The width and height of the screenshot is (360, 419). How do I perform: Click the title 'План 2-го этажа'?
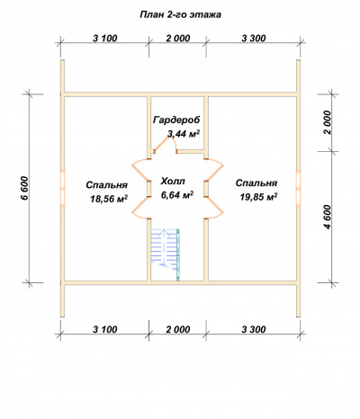180,14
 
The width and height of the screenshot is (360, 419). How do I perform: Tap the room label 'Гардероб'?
176,120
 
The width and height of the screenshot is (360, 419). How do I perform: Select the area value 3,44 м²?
184,134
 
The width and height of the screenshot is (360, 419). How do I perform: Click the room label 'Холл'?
173,182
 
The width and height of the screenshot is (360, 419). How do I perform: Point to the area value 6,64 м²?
176,195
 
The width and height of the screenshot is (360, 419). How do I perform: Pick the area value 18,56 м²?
109,199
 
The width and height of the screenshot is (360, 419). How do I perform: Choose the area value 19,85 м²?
258,197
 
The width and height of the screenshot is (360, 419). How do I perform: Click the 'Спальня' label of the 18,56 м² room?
107,185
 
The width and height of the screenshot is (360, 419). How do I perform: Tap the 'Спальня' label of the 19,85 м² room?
256,183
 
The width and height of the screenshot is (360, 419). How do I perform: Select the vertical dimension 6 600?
25,188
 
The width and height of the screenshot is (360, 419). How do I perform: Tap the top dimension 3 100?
104,39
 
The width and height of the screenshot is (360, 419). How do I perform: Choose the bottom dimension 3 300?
254,329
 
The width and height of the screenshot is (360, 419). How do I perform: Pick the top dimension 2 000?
178,39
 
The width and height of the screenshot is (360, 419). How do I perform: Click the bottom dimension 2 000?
178,329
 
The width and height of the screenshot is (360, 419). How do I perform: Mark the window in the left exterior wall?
62,188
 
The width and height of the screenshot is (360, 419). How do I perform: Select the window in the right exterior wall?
298,188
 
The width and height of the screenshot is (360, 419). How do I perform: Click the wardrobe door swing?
165,144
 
